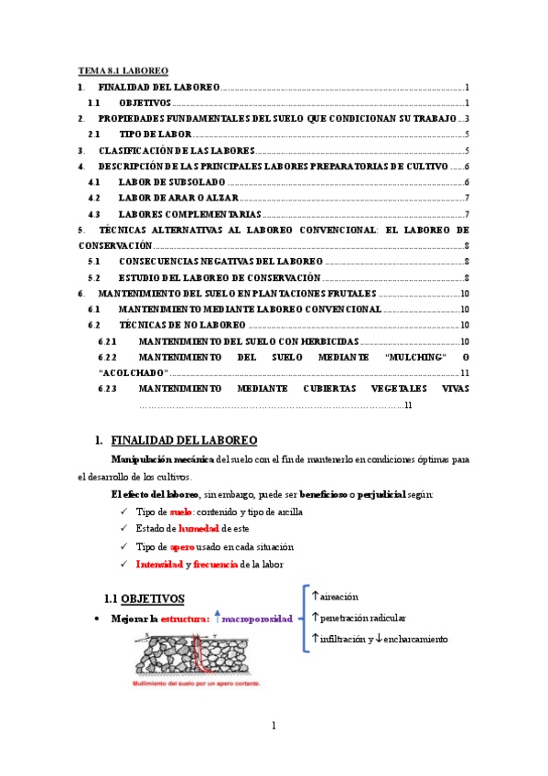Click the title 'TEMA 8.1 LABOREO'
[x=123, y=70]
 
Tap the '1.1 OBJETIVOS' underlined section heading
[x=145, y=598]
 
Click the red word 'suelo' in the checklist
[x=180, y=512]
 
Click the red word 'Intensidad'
[x=159, y=564]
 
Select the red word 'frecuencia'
[x=215, y=564]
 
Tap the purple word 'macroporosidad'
[x=257, y=620]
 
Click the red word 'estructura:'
[x=186, y=620]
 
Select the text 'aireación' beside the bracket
[x=339, y=596]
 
